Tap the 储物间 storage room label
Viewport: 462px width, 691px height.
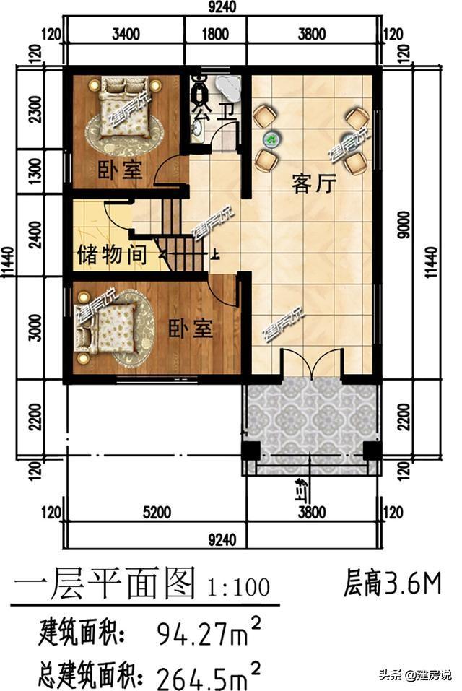(x=112, y=255)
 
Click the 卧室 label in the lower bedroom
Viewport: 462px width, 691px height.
(x=191, y=329)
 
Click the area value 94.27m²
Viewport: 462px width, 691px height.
(x=209, y=635)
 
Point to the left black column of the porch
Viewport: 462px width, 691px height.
(x=250, y=451)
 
